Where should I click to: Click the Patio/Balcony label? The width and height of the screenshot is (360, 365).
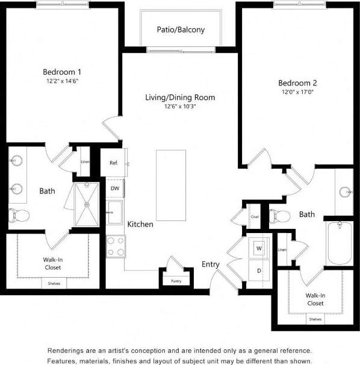tap(181, 30)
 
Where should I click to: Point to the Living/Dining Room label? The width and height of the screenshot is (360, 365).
tap(180, 98)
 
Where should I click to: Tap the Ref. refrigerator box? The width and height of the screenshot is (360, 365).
tap(114, 163)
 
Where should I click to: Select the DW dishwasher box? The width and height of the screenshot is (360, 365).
tap(115, 188)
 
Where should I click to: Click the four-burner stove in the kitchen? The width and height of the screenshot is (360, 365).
tap(115, 245)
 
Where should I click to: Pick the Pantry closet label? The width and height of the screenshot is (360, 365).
tap(176, 281)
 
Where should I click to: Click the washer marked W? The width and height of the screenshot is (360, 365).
tap(259, 248)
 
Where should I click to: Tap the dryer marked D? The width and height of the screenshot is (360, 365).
tap(259, 270)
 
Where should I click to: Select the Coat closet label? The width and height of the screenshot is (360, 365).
tap(254, 216)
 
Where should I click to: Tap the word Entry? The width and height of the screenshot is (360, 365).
tap(211, 264)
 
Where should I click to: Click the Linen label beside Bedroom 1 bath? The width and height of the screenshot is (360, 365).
tap(85, 161)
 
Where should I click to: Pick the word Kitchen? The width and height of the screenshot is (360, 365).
tap(140, 224)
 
